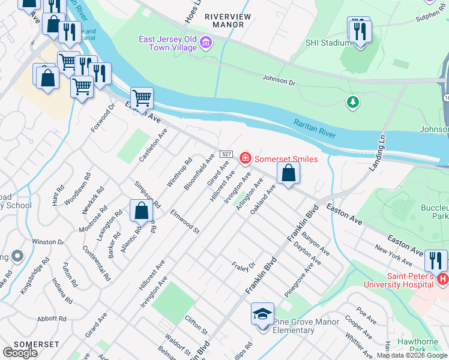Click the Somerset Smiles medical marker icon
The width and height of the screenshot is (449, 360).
245,158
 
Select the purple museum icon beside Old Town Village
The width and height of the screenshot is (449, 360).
206,41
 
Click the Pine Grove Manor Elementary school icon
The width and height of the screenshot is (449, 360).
262,315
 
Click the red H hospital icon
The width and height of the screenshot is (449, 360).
443,279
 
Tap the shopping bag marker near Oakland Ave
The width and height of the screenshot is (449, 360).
289,173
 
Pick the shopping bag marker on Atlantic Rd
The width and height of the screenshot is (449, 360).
141,211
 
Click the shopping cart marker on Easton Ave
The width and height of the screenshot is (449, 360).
142,97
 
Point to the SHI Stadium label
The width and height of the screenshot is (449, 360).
328,43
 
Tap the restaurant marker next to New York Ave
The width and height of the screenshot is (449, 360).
436,260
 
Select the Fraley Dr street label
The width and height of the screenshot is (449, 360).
243,265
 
